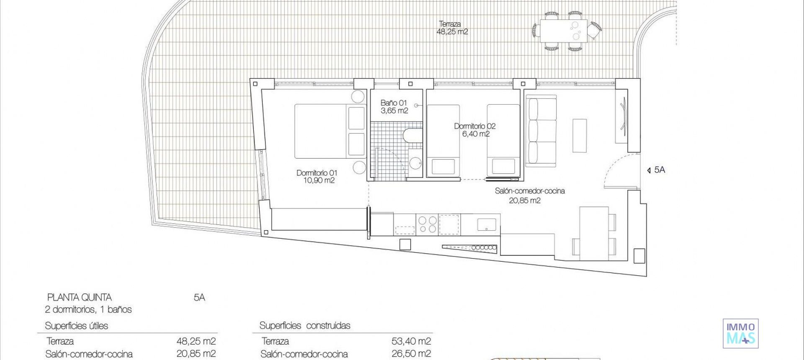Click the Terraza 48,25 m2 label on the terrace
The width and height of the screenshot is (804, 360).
coord(452,28)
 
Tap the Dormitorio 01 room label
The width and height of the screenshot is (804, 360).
coord(317,177)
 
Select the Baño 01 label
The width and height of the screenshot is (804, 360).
coord(394,107)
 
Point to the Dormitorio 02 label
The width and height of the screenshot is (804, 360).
coord(475,130)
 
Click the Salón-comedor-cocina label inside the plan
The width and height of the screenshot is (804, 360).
coord(530,195)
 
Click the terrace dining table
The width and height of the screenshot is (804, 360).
coord(563,31)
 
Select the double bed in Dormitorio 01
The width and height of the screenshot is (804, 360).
coord(322,131)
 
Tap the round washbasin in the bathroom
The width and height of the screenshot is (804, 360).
coord(415,162)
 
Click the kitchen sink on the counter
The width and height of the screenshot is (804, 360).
coord(487,225)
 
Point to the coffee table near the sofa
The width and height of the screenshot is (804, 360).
coord(580,136)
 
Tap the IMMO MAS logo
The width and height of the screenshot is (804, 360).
coord(740,333)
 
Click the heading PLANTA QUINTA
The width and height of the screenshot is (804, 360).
coord(80,298)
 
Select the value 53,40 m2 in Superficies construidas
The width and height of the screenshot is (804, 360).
coord(411,342)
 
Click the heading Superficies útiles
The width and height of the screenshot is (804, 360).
coord(77,326)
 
